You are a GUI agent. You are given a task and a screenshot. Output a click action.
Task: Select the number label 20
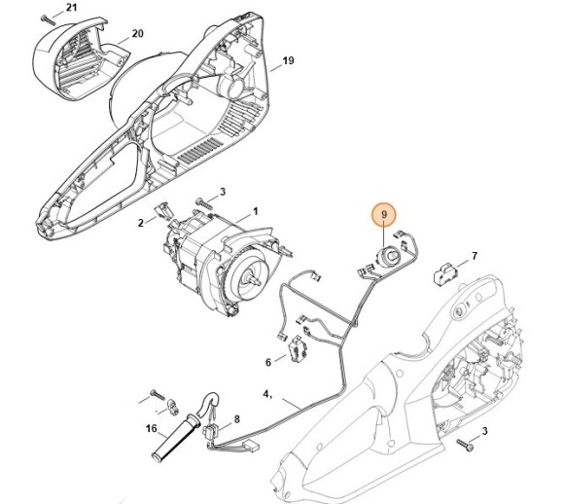point(137,33)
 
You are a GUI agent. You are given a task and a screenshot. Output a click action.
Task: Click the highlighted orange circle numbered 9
point(384,215)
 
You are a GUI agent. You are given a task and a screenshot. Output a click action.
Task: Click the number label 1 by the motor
point(255,210)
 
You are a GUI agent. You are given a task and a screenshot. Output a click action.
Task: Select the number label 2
point(141,223)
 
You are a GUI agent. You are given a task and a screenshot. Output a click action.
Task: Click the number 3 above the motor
point(222,192)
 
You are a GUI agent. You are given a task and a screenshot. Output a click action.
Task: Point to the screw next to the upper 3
point(203,202)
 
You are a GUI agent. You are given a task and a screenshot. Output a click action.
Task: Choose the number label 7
point(474,257)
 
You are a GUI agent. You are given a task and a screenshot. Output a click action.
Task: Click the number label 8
point(235,417)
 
